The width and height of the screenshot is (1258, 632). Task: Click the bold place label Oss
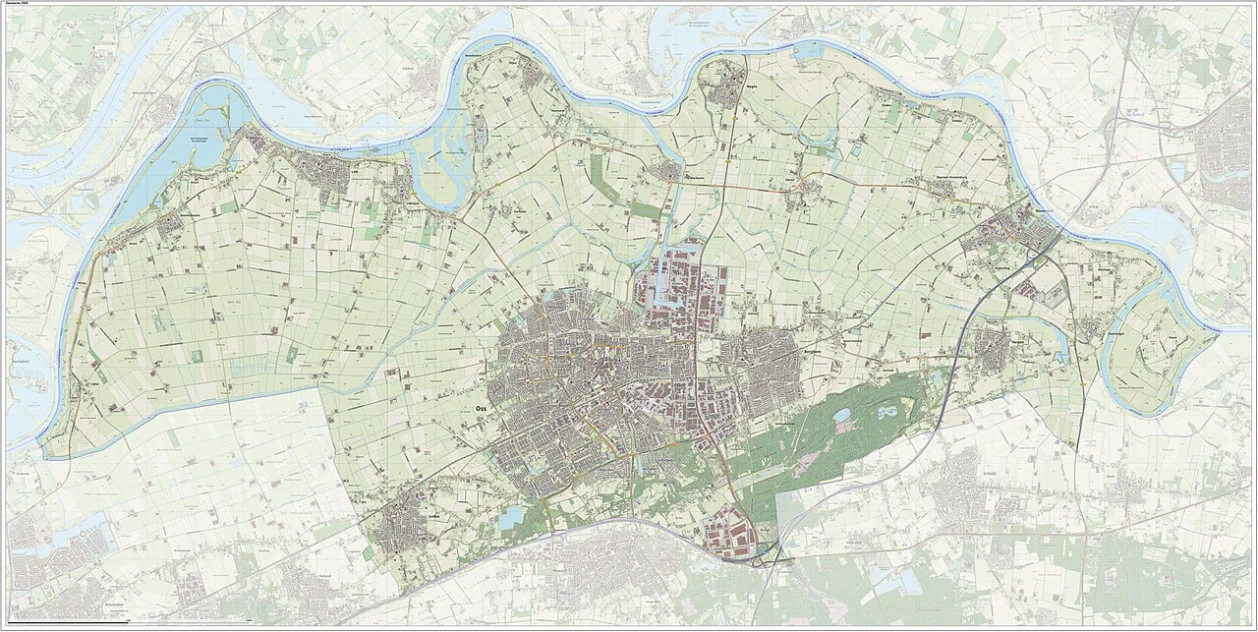480,404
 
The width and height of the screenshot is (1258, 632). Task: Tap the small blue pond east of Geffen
512,519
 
